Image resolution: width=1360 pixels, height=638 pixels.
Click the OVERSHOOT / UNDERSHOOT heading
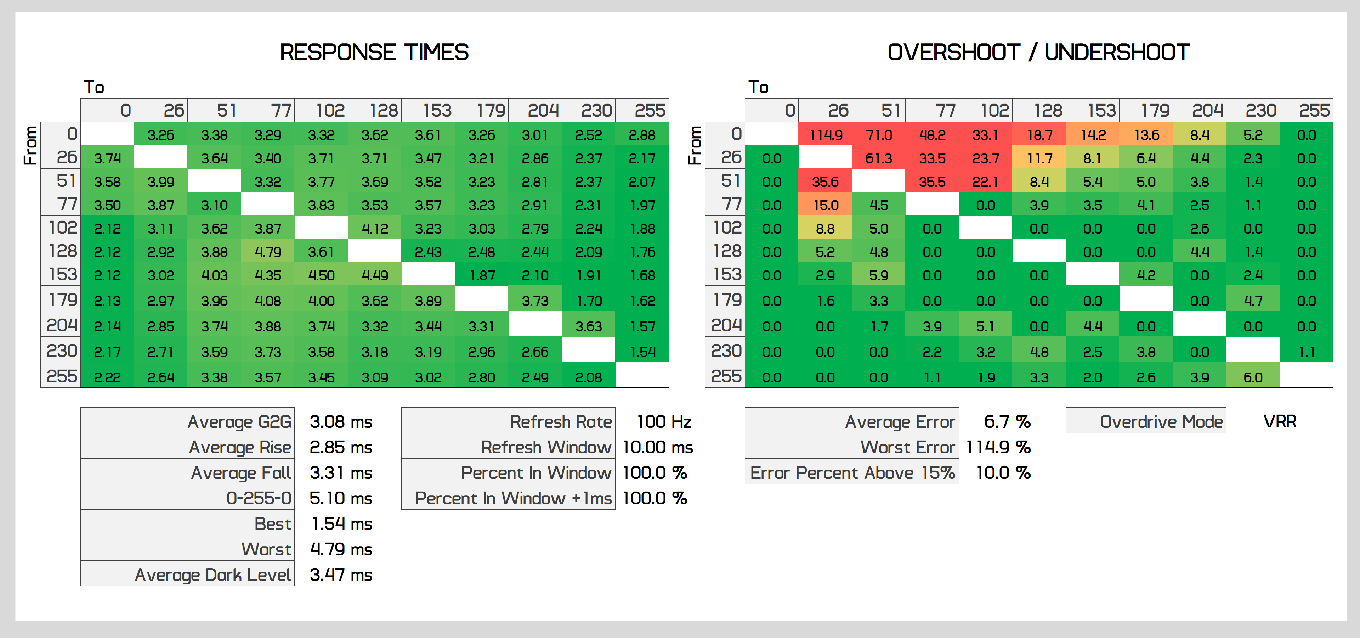coord(1038,52)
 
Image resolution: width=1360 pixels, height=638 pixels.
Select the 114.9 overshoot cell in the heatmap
coord(825,135)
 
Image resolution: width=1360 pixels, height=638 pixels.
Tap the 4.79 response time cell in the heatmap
coord(268,252)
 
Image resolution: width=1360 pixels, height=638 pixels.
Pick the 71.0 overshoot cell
coord(878,135)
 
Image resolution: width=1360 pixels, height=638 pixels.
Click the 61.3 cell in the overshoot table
coord(878,158)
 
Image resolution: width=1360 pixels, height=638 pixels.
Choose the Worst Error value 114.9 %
coord(998,447)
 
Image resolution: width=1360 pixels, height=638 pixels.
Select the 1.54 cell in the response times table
coord(642,352)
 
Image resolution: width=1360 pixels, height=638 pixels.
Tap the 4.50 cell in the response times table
coord(321,275)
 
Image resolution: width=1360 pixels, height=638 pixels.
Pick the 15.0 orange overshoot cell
coord(825,206)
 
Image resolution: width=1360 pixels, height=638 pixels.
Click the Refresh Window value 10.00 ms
coord(657,447)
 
